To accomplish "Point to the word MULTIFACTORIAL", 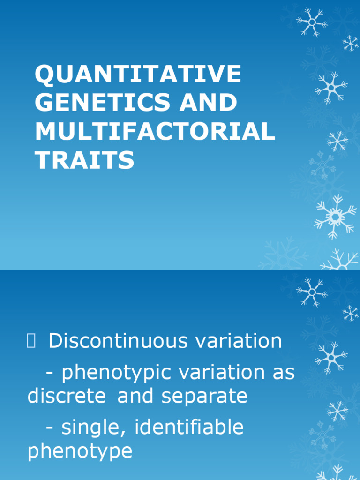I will (155, 132).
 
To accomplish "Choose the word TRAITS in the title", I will (84, 161).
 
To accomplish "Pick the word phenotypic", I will (117, 373).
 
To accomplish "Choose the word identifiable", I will (190, 427).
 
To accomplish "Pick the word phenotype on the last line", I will (80, 451).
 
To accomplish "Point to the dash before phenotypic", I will (50, 374).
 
